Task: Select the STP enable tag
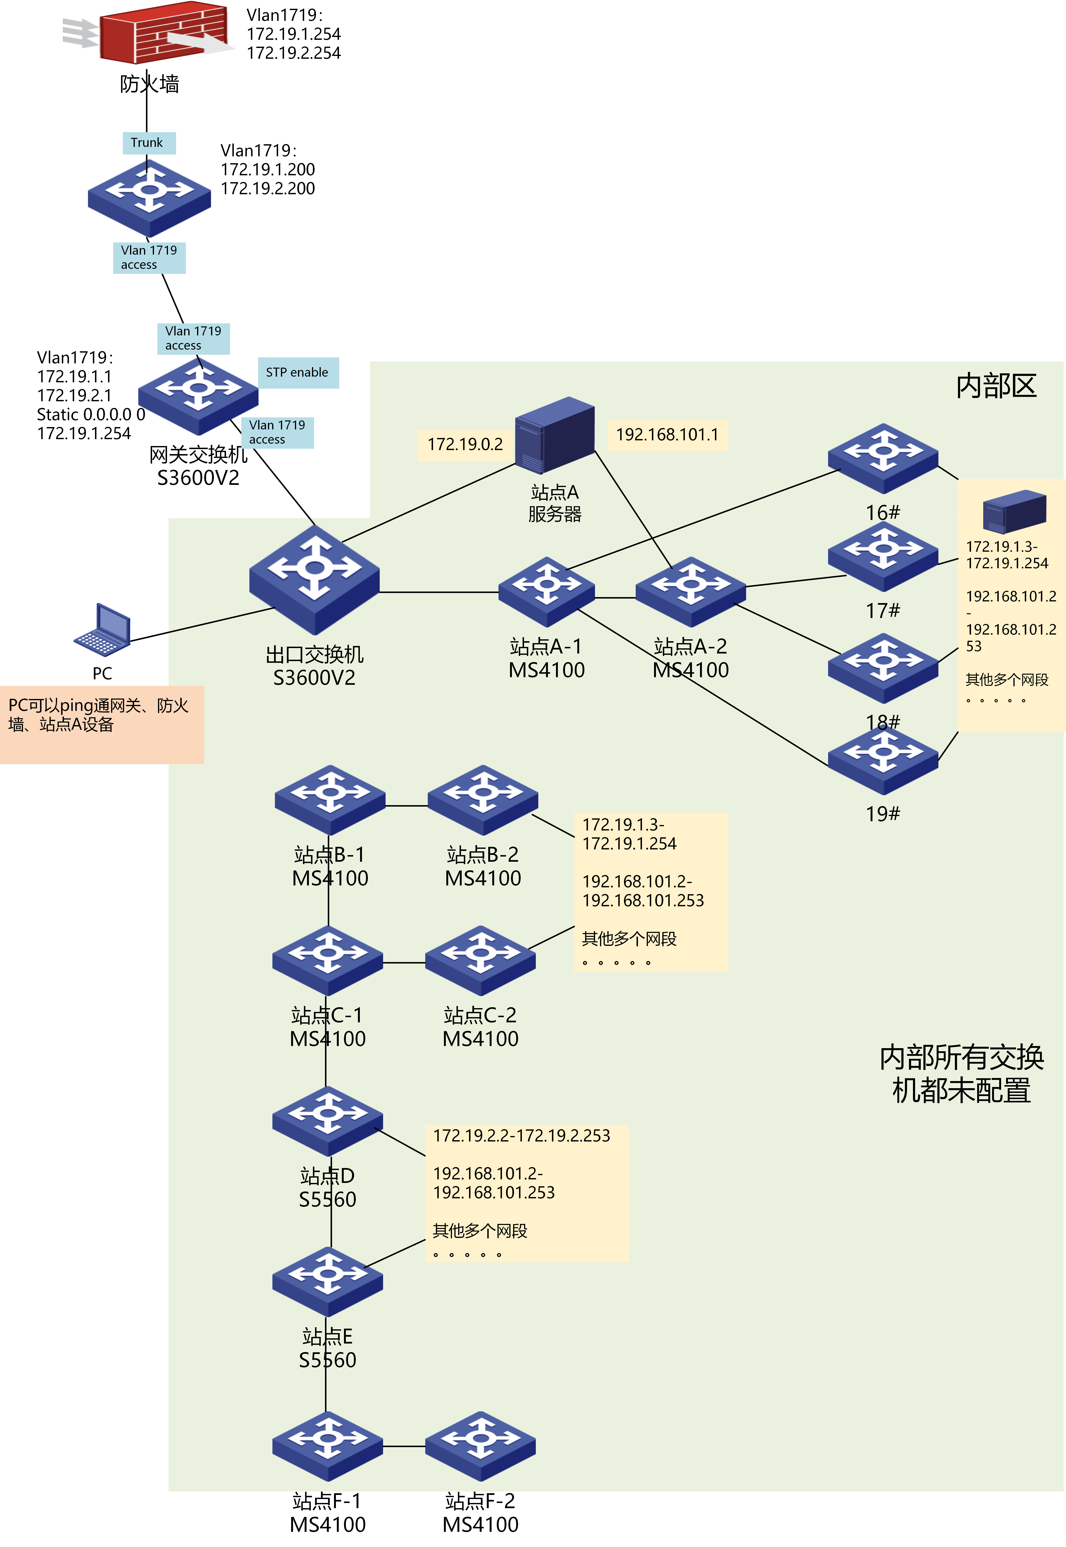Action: tap(298, 373)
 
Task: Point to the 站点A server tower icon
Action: tap(554, 434)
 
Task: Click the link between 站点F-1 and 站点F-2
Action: tap(404, 1446)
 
